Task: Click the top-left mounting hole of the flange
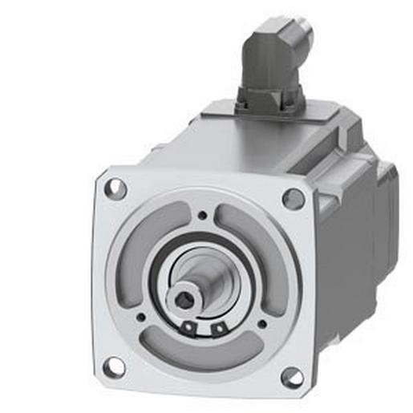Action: [116, 189]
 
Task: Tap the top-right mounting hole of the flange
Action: [294, 198]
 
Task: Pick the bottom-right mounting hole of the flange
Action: [291, 376]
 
